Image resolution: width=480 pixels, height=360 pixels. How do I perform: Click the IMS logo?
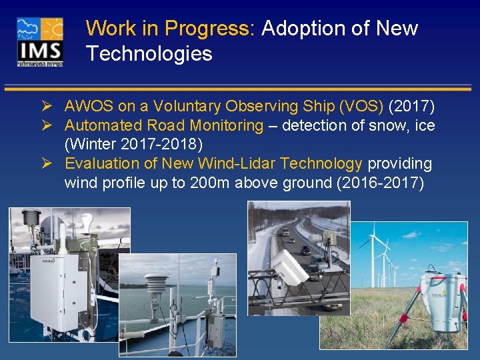(x=41, y=41)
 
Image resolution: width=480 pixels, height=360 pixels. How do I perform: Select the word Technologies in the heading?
(x=149, y=54)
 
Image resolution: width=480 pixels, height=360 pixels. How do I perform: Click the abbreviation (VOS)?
(x=361, y=106)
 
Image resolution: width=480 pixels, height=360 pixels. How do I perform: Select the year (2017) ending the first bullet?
(x=412, y=106)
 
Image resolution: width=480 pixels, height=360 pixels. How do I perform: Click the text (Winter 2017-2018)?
(x=133, y=144)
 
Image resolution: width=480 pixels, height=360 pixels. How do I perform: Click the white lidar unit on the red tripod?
(x=442, y=300)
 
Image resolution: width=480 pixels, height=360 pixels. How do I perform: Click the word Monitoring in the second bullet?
(x=227, y=125)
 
